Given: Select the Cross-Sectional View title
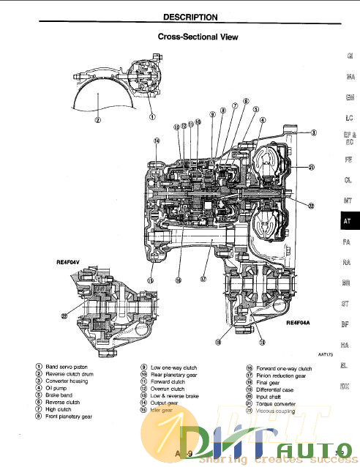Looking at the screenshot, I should pos(198,35).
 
